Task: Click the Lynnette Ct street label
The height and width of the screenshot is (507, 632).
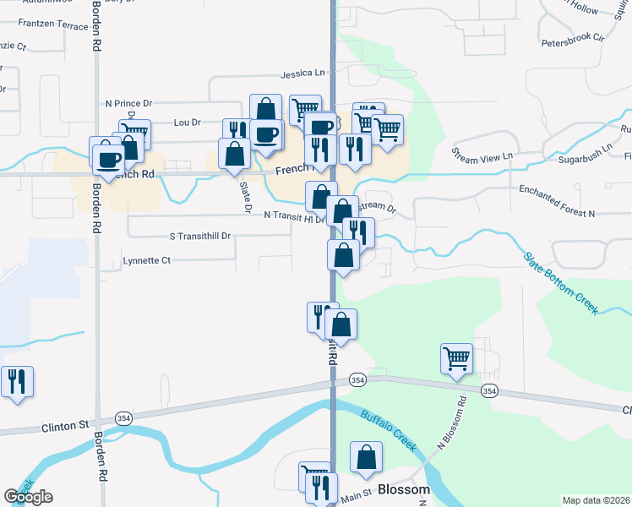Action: pos(147,260)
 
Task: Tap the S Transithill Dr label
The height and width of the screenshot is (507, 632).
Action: pos(200,237)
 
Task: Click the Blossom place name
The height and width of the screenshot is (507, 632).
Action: pos(404,489)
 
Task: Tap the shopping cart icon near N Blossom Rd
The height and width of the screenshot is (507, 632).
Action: pos(456,358)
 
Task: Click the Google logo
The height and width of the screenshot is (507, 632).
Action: pos(28,497)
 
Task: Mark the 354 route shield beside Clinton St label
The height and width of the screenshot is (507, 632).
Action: pos(123,418)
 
